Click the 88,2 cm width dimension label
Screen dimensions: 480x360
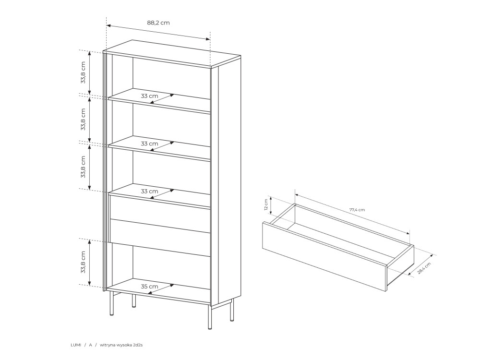click(158, 23)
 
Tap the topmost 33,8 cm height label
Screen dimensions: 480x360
click(83, 72)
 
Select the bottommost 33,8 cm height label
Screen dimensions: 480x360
click(83, 263)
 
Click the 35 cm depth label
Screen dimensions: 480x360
click(149, 287)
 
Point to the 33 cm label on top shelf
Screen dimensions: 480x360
click(149, 96)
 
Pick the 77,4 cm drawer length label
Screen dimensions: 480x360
click(357, 210)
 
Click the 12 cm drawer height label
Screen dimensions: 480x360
click(266, 205)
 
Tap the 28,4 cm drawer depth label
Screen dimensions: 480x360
click(424, 268)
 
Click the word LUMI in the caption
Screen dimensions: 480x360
click(76, 345)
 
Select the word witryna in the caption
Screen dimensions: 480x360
click(107, 345)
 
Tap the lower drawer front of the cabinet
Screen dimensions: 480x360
click(160, 238)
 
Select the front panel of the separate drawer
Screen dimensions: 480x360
click(325, 256)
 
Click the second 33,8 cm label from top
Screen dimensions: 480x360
click(83, 120)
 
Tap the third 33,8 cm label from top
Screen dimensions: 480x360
click(83, 167)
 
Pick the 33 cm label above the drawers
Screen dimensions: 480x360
click(149, 192)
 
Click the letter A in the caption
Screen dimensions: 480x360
click(91, 345)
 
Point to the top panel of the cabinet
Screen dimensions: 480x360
click(172, 53)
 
